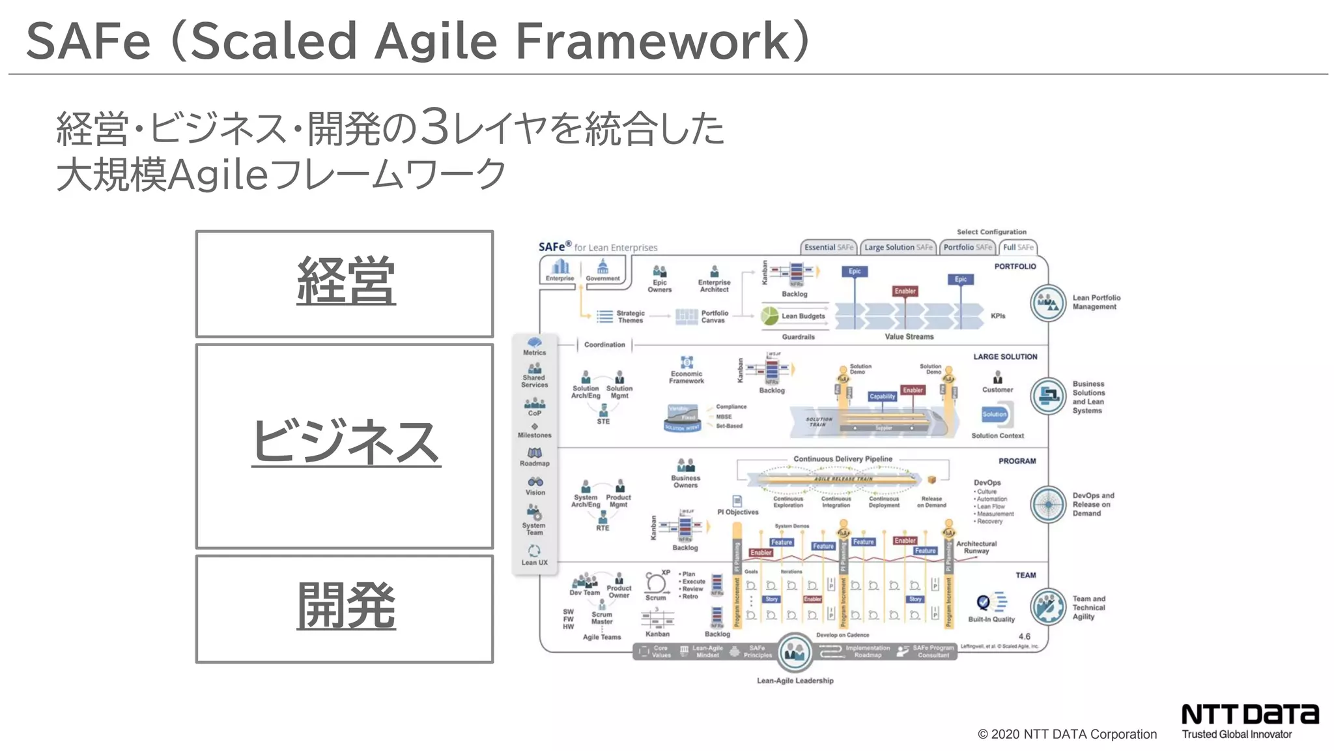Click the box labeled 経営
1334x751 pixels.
coord(345,284)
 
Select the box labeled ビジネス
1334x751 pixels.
coord(345,446)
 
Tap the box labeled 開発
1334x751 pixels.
coord(345,609)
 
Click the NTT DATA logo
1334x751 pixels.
coord(1249,715)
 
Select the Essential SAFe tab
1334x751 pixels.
coord(828,248)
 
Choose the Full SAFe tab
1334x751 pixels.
coord(1017,248)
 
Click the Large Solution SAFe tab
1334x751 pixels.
coord(898,248)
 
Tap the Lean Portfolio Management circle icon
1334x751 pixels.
coord(1048,302)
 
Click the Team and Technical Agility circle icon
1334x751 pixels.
coord(1048,607)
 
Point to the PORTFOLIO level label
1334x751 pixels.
coord(1014,267)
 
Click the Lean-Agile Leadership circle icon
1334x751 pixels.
coord(795,651)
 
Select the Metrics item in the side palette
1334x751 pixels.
coord(534,346)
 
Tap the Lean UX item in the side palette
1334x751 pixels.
coord(534,555)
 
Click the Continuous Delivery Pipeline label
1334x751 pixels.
coord(842,459)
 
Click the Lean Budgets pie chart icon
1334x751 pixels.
coord(770,316)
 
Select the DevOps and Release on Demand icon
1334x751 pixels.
coord(1048,504)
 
